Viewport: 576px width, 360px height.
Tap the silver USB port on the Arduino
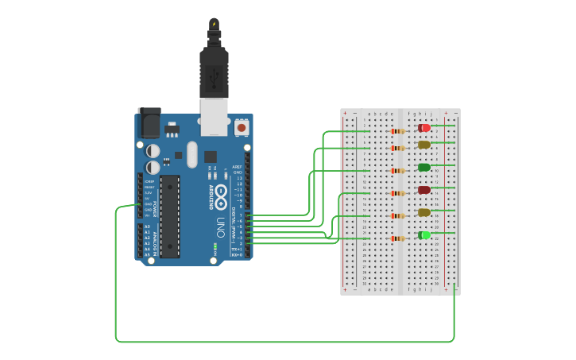pyautogui.click(x=214, y=114)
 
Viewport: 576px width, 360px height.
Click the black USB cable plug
pyautogui.click(x=214, y=72)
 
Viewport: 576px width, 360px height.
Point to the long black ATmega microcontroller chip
pyautogui.click(x=169, y=217)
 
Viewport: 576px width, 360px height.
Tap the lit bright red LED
pyautogui.click(x=424, y=128)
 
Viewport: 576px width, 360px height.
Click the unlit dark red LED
pyautogui.click(x=424, y=190)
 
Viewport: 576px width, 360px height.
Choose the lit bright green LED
pyautogui.click(x=424, y=235)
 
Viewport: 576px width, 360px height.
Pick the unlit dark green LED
pyautogui.click(x=424, y=168)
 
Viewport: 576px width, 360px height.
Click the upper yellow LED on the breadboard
pyautogui.click(x=424, y=145)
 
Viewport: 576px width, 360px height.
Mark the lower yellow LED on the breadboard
pyautogui.click(x=424, y=212)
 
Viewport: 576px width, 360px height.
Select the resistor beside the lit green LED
pyautogui.click(x=398, y=238)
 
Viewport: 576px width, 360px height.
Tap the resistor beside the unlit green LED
pyautogui.click(x=398, y=170)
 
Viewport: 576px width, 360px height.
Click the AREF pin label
pyautogui.click(x=237, y=168)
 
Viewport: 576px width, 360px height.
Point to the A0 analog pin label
pyautogui.click(x=146, y=227)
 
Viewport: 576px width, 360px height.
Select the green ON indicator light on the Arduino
pyautogui.click(x=213, y=249)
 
